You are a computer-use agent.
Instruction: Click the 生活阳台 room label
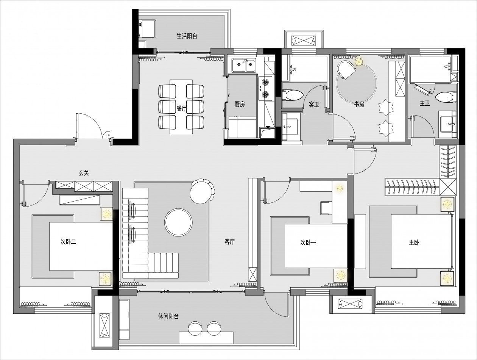point(187,36)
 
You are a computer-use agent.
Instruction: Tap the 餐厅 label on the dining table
point(181,108)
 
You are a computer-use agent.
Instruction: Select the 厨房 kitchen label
point(240,105)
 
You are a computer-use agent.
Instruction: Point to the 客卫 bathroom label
point(314,105)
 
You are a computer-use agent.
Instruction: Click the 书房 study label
point(359,105)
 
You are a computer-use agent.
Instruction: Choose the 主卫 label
point(425,103)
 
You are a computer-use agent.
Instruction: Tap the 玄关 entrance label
point(84,173)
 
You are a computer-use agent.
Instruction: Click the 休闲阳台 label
point(168,316)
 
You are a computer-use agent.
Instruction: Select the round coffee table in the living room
point(178,222)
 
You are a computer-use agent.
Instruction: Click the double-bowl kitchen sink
point(243,65)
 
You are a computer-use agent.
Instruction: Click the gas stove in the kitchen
point(265,88)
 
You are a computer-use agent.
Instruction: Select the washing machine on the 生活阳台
point(147,28)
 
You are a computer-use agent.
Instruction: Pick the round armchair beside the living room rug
point(202,191)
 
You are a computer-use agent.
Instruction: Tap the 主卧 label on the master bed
point(414,243)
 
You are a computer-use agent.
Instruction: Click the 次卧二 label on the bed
point(68,242)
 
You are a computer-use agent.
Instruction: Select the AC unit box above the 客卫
point(304,41)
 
